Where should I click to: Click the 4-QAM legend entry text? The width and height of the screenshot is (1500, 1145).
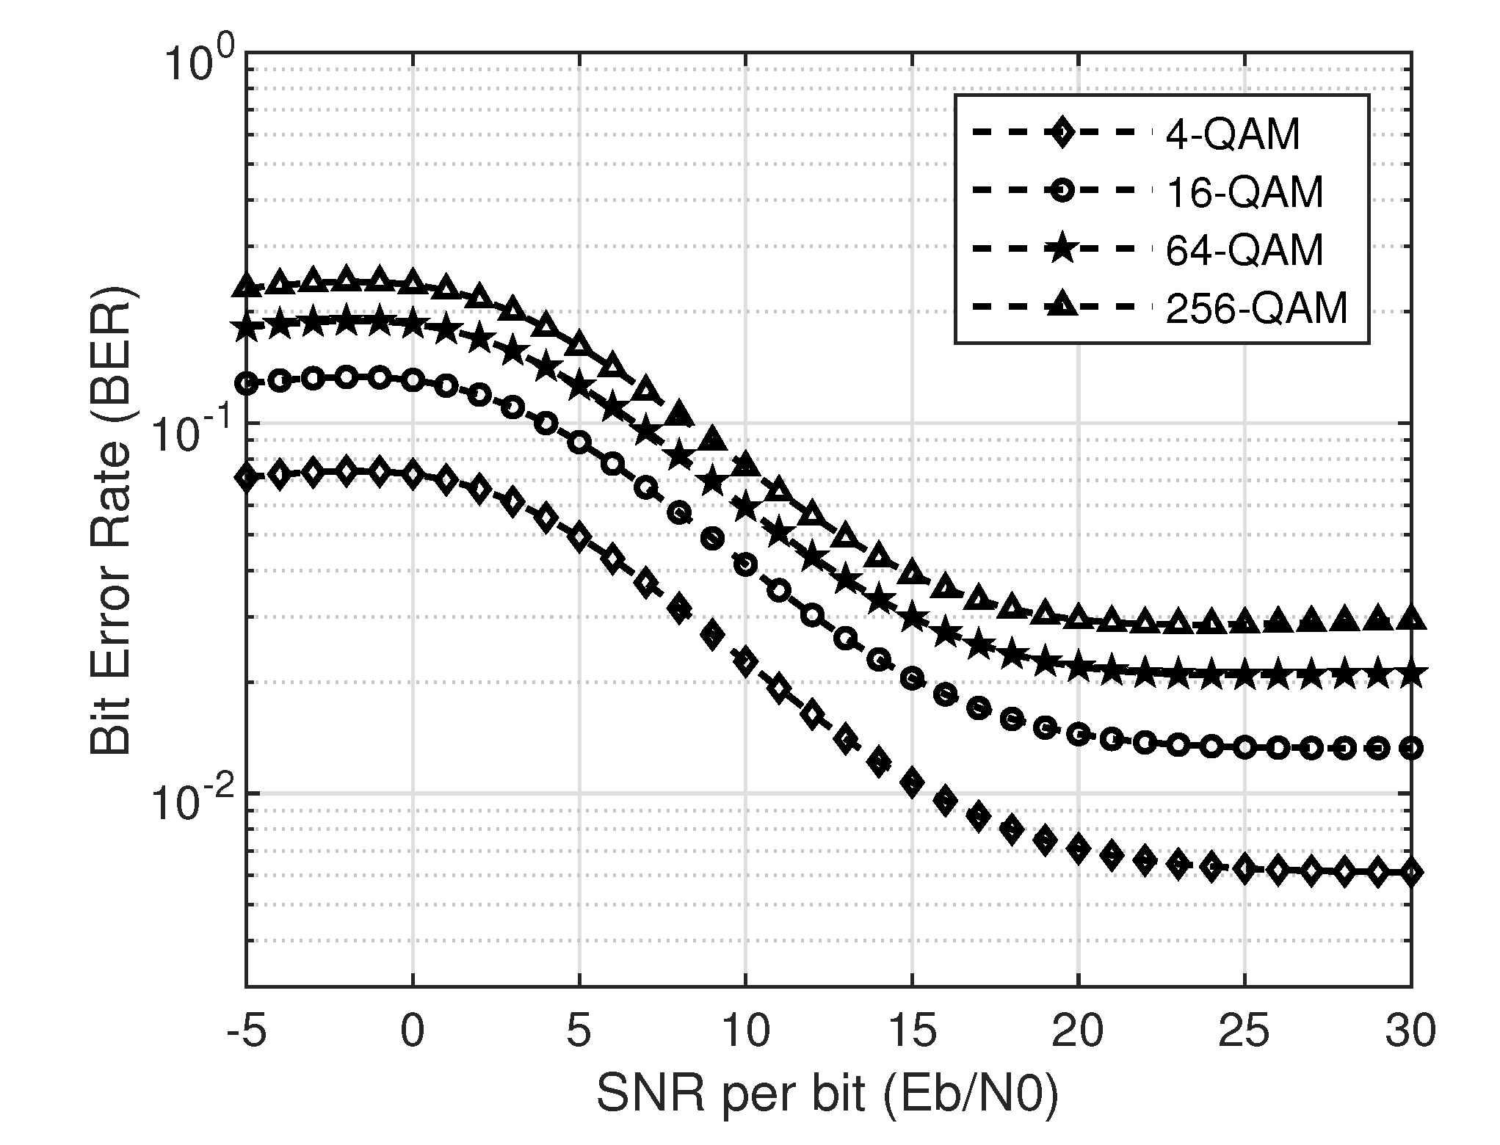click(1233, 135)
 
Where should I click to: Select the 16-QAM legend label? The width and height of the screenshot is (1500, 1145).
click(1245, 192)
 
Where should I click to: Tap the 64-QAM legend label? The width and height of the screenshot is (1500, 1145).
click(1245, 250)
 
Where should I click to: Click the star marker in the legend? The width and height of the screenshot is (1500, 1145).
click(1062, 250)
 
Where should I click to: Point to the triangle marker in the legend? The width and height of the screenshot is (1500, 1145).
click(1062, 307)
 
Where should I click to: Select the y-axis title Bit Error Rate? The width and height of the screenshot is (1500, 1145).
click(110, 525)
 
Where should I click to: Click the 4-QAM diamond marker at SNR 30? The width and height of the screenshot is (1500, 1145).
click(1411, 872)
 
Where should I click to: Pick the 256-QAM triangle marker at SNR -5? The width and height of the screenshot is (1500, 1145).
click(247, 287)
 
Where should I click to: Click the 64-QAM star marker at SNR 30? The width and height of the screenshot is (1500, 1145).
click(1411, 674)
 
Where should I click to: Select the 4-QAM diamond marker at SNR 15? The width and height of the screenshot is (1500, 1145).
click(912, 783)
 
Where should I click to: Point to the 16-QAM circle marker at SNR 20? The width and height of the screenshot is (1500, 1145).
click(1078, 734)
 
